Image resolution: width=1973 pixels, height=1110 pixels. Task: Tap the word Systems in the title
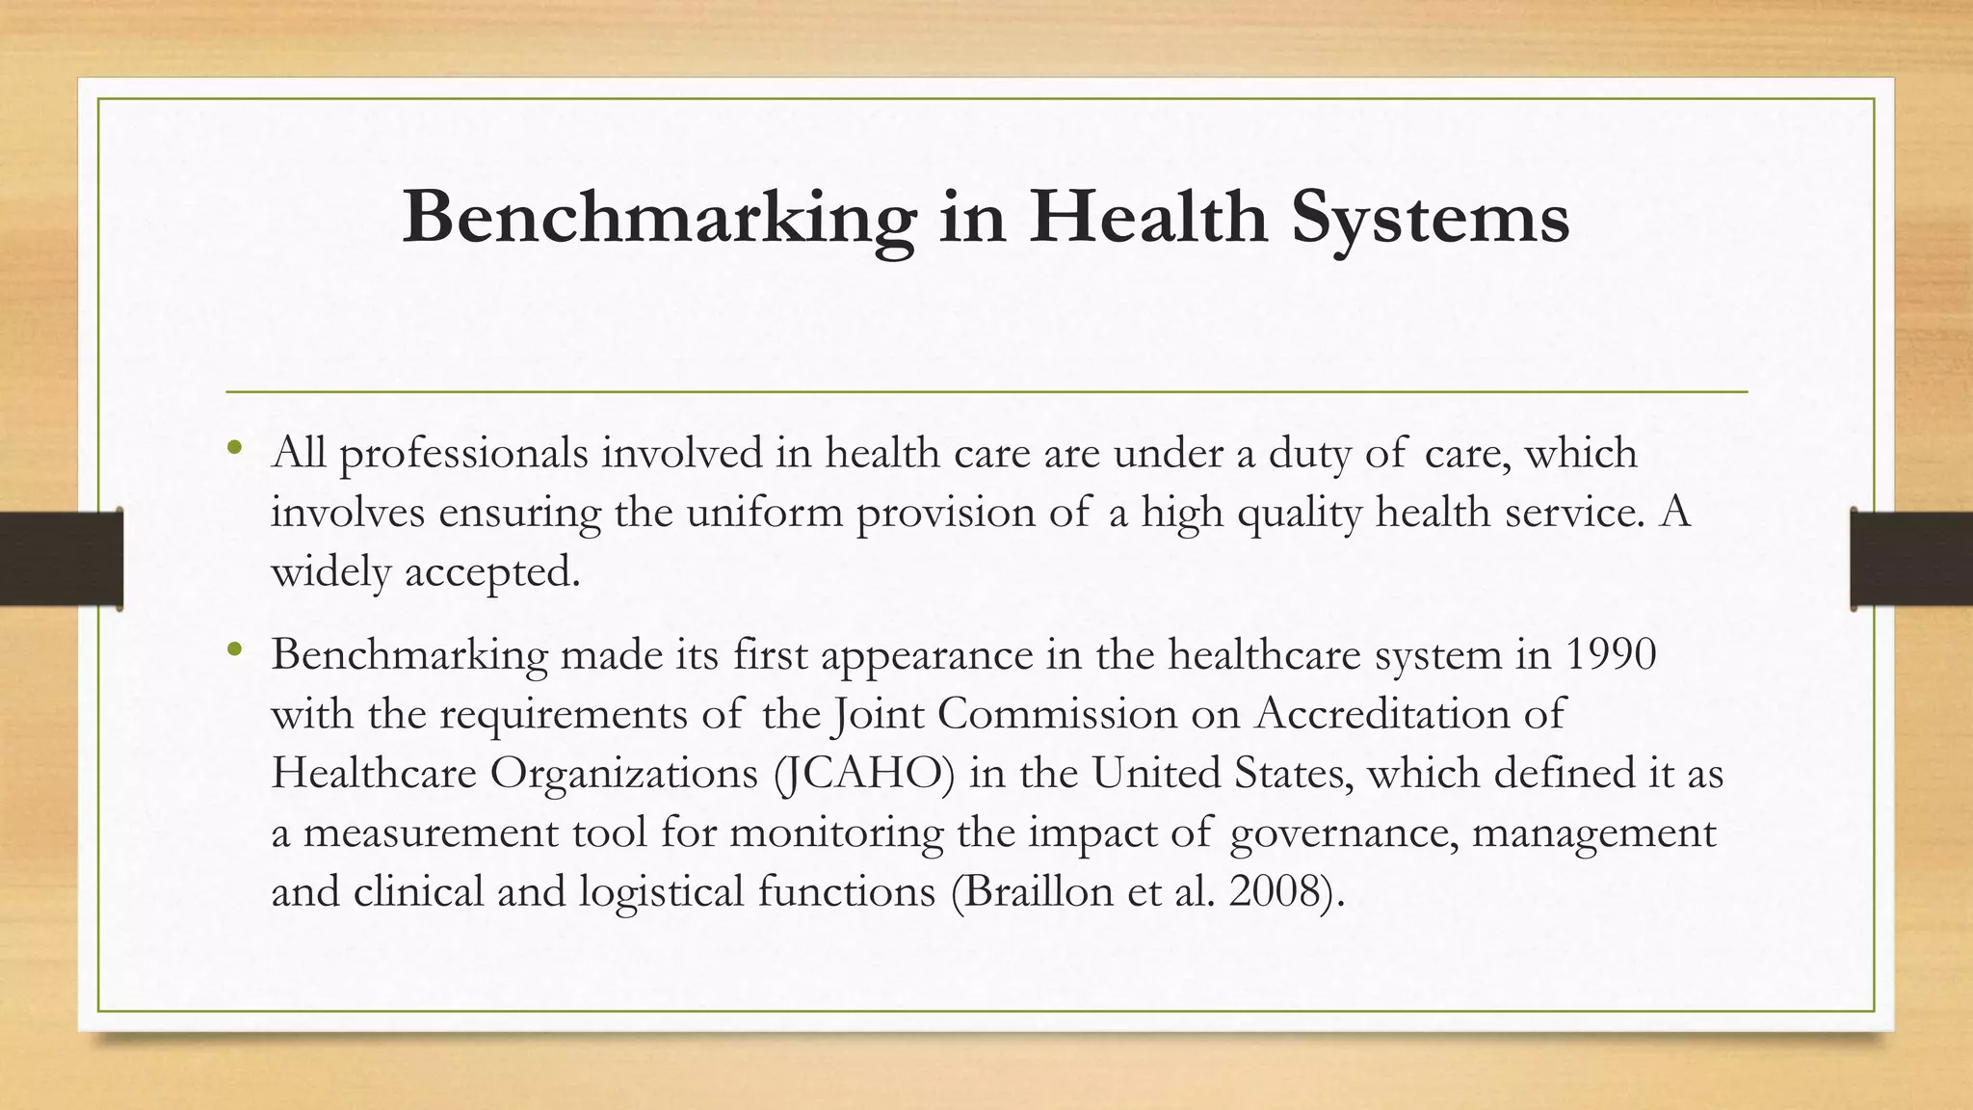point(1430,218)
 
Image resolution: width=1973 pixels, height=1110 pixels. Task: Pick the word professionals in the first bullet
point(463,454)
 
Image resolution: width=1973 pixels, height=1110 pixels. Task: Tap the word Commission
point(1057,714)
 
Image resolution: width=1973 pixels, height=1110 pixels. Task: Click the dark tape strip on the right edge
point(1911,559)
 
